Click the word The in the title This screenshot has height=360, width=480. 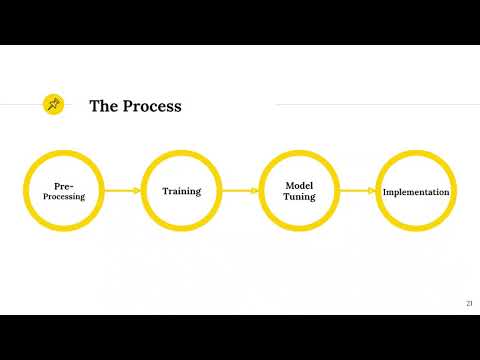pos(105,105)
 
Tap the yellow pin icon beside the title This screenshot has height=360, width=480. pos(53,103)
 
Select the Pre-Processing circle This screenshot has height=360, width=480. pos(64,191)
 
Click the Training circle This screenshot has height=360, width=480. pos(181,191)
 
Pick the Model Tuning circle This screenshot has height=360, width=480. pos(299,191)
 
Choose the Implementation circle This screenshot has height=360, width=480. pos(416,191)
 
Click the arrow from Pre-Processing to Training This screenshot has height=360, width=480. pos(122,191)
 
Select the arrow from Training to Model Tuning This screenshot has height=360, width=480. pos(240,191)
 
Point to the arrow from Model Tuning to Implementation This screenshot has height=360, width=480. pos(357,191)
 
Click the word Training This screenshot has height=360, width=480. pos(181,191)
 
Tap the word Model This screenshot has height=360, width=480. pos(300,186)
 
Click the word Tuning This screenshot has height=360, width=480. pos(300,197)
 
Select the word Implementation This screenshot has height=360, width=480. pos(416,192)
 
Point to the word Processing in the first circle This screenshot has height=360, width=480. pos(64,197)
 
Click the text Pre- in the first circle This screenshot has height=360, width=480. pos(64,186)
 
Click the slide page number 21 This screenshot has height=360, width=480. pos(469,303)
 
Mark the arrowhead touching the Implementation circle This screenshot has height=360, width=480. pos(374,191)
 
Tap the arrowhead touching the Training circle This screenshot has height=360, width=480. pos(138,191)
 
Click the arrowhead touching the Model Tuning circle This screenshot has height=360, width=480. pos(256,191)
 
